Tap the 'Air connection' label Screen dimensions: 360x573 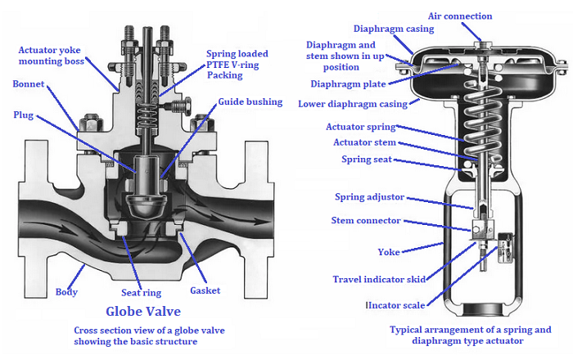pyautogui.click(x=461, y=16)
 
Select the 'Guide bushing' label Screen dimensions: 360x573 pyautogui.click(x=250, y=102)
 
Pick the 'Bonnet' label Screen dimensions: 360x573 pyautogui.click(x=29, y=83)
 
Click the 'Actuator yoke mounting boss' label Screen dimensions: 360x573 pyautogui.click(x=50, y=56)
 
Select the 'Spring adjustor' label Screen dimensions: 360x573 pyautogui.click(x=372, y=196)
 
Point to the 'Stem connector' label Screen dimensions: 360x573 pyautogui.click(x=366, y=220)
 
